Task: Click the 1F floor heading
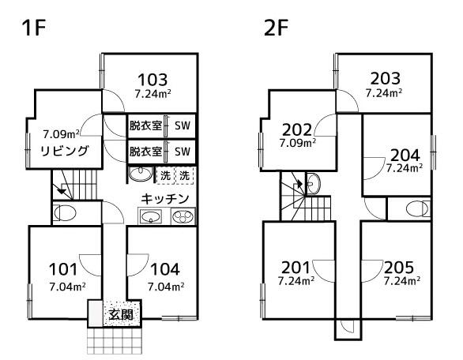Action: point(33,28)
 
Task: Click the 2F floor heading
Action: point(276,28)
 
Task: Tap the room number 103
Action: point(152,80)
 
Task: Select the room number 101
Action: point(63,269)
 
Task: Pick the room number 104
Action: point(165,269)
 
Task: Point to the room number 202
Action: point(297,129)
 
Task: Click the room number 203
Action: point(386,78)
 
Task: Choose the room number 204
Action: point(405,156)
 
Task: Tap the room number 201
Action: point(295,268)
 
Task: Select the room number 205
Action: point(399,268)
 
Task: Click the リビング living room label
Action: point(64,151)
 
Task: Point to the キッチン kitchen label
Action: point(165,199)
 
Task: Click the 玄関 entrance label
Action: point(120,314)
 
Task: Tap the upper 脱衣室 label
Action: point(145,126)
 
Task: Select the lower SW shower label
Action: point(183,152)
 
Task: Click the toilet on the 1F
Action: point(65,212)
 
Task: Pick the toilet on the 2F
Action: point(418,209)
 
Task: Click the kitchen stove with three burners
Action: point(183,217)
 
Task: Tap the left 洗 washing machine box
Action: point(165,175)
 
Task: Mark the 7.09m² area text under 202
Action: point(298,143)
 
